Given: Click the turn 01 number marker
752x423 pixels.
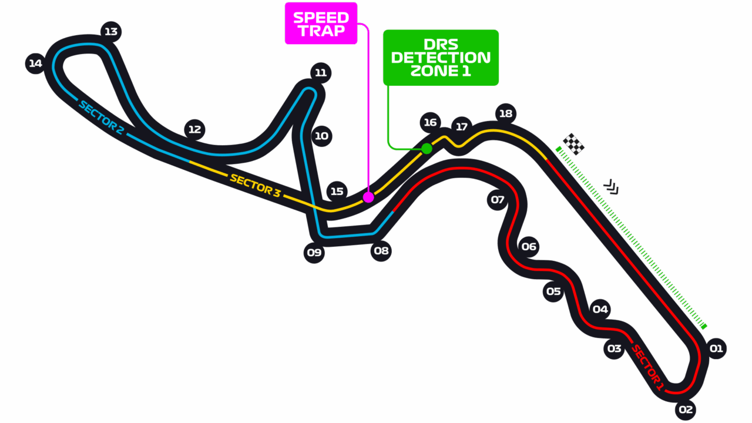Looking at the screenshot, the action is point(716,348).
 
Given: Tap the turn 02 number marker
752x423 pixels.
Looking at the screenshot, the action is point(686,409).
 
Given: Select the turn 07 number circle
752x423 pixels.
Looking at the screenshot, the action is point(497,200).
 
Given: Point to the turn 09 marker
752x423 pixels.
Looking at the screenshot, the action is point(314,253).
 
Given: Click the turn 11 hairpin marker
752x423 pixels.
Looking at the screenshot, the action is point(321,73).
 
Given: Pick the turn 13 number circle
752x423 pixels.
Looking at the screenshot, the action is point(111,32).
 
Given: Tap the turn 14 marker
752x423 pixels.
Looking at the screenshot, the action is point(36,63).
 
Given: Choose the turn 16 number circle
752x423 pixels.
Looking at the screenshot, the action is point(430,123).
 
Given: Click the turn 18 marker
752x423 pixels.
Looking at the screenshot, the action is point(506,114).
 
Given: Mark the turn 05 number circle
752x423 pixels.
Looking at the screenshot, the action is point(553,291).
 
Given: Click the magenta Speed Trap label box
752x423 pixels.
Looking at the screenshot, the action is point(321,23).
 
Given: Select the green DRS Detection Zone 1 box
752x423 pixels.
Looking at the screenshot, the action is point(441,58).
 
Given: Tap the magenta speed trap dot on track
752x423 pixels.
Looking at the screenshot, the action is point(368,197).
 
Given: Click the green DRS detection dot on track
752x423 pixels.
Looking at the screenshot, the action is point(427,149).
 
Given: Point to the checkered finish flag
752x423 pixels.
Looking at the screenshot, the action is point(573,145).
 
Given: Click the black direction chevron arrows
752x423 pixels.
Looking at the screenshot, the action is point(611,187).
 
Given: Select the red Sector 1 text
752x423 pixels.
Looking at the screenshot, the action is point(647,368).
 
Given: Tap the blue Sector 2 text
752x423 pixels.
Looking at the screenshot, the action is point(101,117).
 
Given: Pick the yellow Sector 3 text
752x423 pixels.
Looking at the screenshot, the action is point(255,185).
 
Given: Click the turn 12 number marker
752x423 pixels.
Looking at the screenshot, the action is point(194,130).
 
